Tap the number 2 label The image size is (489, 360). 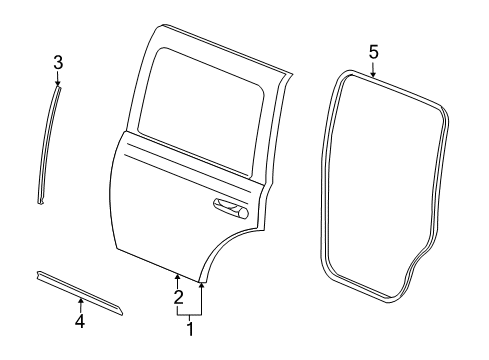pyautogui.click(x=178, y=296)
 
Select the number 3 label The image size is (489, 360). pyautogui.click(x=58, y=63)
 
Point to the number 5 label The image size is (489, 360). pyautogui.click(x=373, y=50)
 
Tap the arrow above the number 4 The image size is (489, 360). pyautogui.click(x=81, y=302)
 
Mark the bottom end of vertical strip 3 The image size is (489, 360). pyautogui.click(x=41, y=203)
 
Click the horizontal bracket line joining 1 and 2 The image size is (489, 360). pyautogui.click(x=189, y=313)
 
